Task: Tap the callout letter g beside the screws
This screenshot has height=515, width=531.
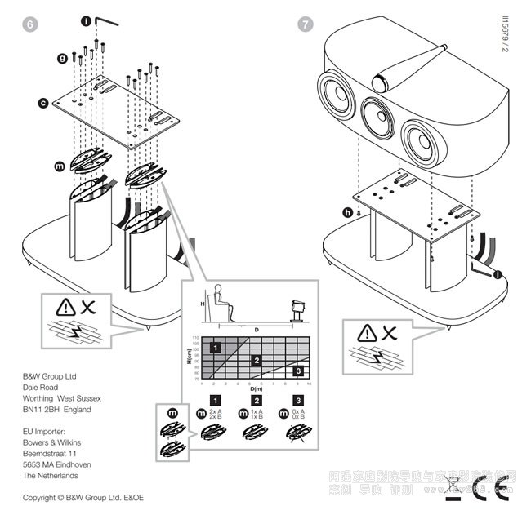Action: point(61,59)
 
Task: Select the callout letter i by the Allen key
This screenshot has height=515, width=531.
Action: point(86,23)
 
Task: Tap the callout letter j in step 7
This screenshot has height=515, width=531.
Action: point(498,275)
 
